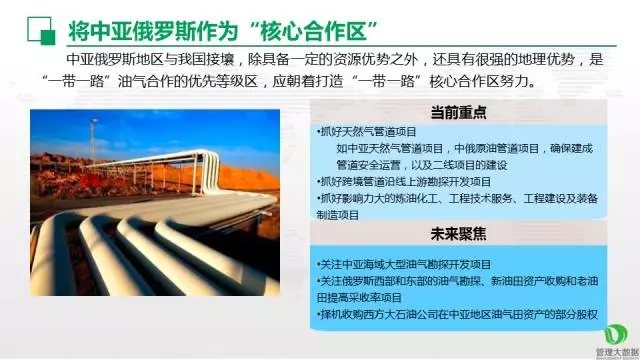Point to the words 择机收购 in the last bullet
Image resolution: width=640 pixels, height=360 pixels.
(x=336, y=314)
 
